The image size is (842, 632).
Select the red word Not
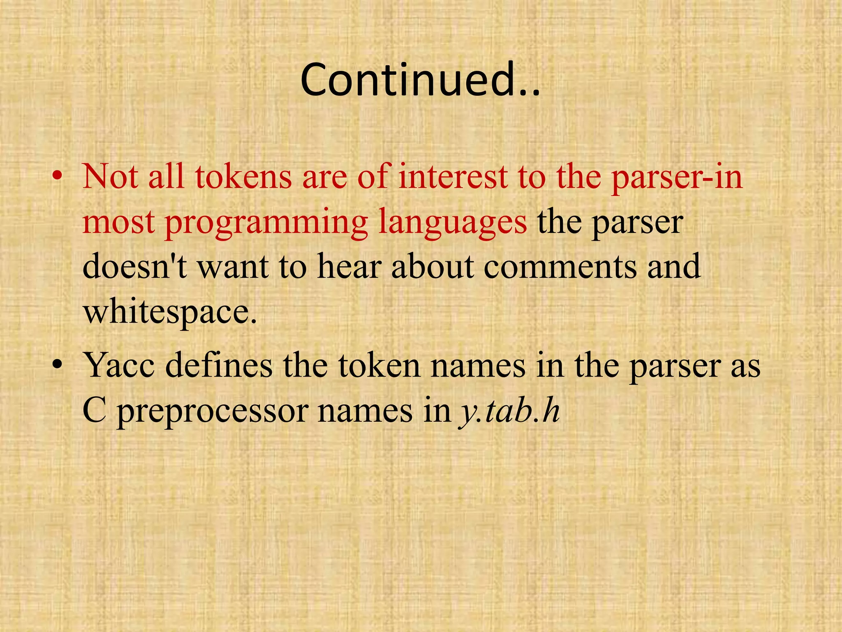(110, 177)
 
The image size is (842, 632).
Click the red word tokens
(243, 177)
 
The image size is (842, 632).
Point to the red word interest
(453, 177)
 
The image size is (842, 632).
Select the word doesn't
(134, 267)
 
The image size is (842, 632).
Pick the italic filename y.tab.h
(509, 411)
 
